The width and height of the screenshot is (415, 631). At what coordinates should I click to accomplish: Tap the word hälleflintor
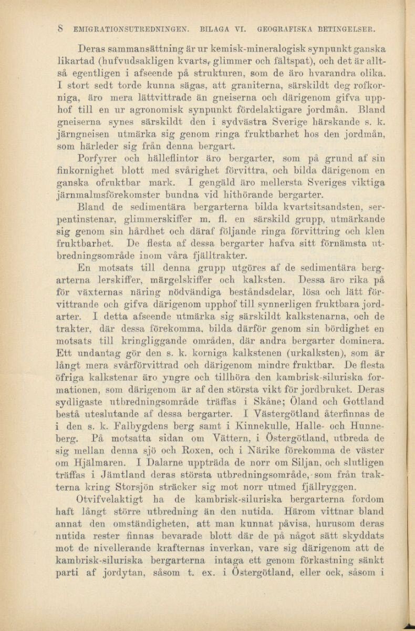pyautogui.click(x=155, y=158)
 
